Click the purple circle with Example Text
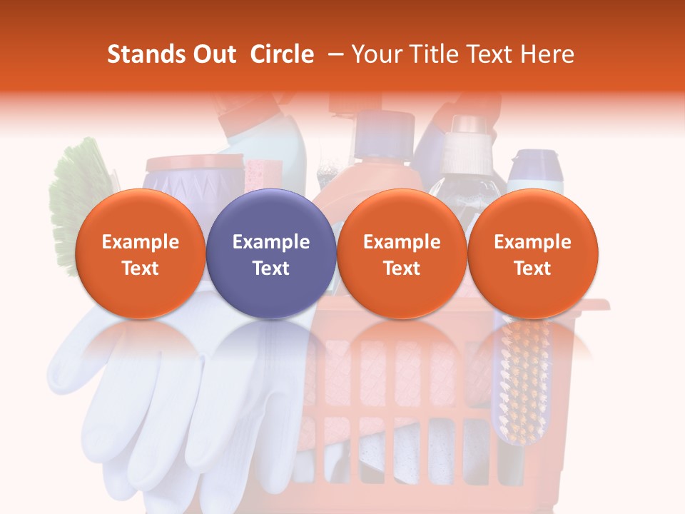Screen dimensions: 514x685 270,253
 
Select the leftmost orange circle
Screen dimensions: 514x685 140,253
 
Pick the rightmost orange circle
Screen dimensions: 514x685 532,253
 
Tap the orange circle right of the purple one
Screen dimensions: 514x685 402,253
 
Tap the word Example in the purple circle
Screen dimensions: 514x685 270,242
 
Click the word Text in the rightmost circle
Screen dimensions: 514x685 532,268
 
